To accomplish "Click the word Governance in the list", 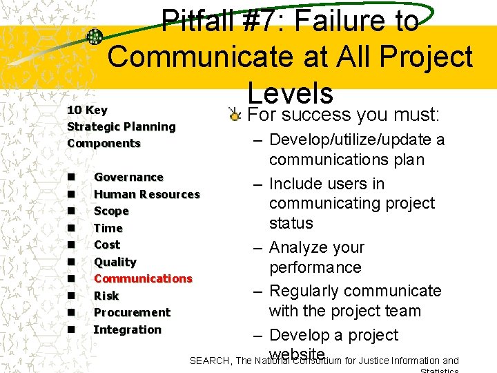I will pyautogui.click(x=128, y=178).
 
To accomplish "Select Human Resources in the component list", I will pyautogui.click(x=146, y=195).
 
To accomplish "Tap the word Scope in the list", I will pyautogui.click(x=111, y=211).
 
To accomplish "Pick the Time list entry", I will pyautogui.click(x=108, y=228).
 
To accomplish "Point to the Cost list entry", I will pyautogui.click(x=107, y=245).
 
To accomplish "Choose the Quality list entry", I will pyautogui.click(x=115, y=262).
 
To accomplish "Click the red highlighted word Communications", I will pyautogui.click(x=143, y=278).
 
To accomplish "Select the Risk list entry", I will pyautogui.click(x=106, y=296).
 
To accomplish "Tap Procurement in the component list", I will pyautogui.click(x=132, y=312).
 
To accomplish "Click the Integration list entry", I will pyautogui.click(x=127, y=329).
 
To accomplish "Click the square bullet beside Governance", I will pyautogui.click(x=72, y=178).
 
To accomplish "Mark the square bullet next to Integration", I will pyautogui.click(x=72, y=329).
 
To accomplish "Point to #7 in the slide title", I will pyautogui.click(x=266, y=21).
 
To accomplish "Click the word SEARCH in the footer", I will pyautogui.click(x=210, y=360).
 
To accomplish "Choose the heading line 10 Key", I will pyautogui.click(x=87, y=111).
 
